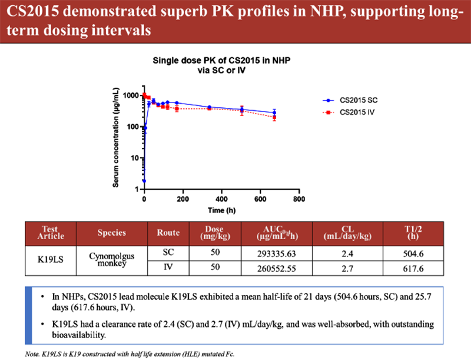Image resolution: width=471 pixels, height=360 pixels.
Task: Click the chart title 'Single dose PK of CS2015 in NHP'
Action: [221, 60]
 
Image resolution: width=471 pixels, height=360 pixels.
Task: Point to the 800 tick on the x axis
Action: [299, 199]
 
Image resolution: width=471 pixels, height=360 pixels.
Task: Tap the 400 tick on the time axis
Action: [222, 199]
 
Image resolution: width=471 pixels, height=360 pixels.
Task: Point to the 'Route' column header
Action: [169, 233]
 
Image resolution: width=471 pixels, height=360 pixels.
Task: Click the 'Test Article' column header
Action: [51, 233]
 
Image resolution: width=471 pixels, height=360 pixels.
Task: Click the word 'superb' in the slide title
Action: [168, 11]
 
